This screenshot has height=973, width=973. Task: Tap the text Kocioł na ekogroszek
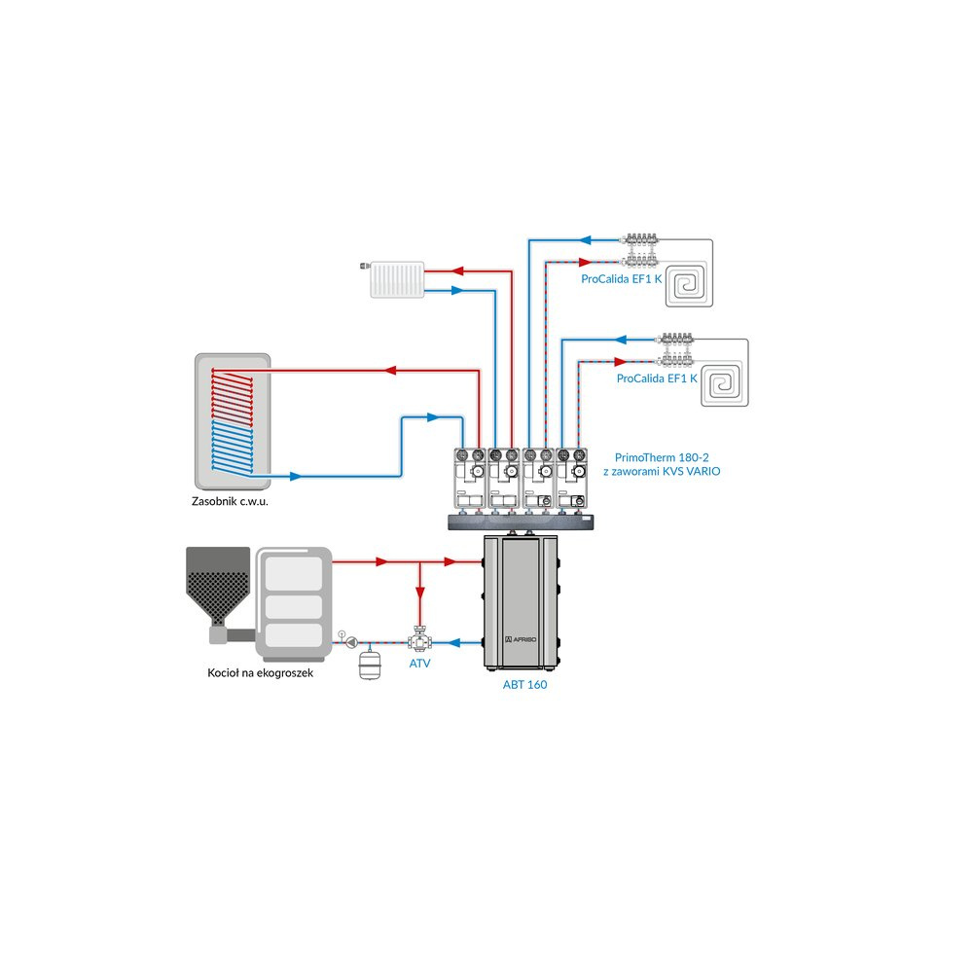tap(260, 673)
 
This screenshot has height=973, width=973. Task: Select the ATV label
tap(420, 664)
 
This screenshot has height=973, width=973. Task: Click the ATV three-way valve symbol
tap(420, 641)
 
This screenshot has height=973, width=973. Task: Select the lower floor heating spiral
tap(727, 381)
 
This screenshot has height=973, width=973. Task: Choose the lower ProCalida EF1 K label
tap(657, 378)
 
